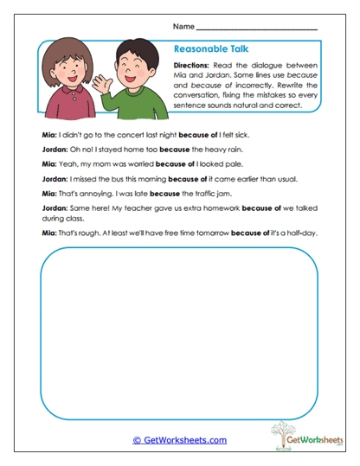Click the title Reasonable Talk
(x=211, y=49)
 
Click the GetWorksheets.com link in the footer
(x=179, y=440)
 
